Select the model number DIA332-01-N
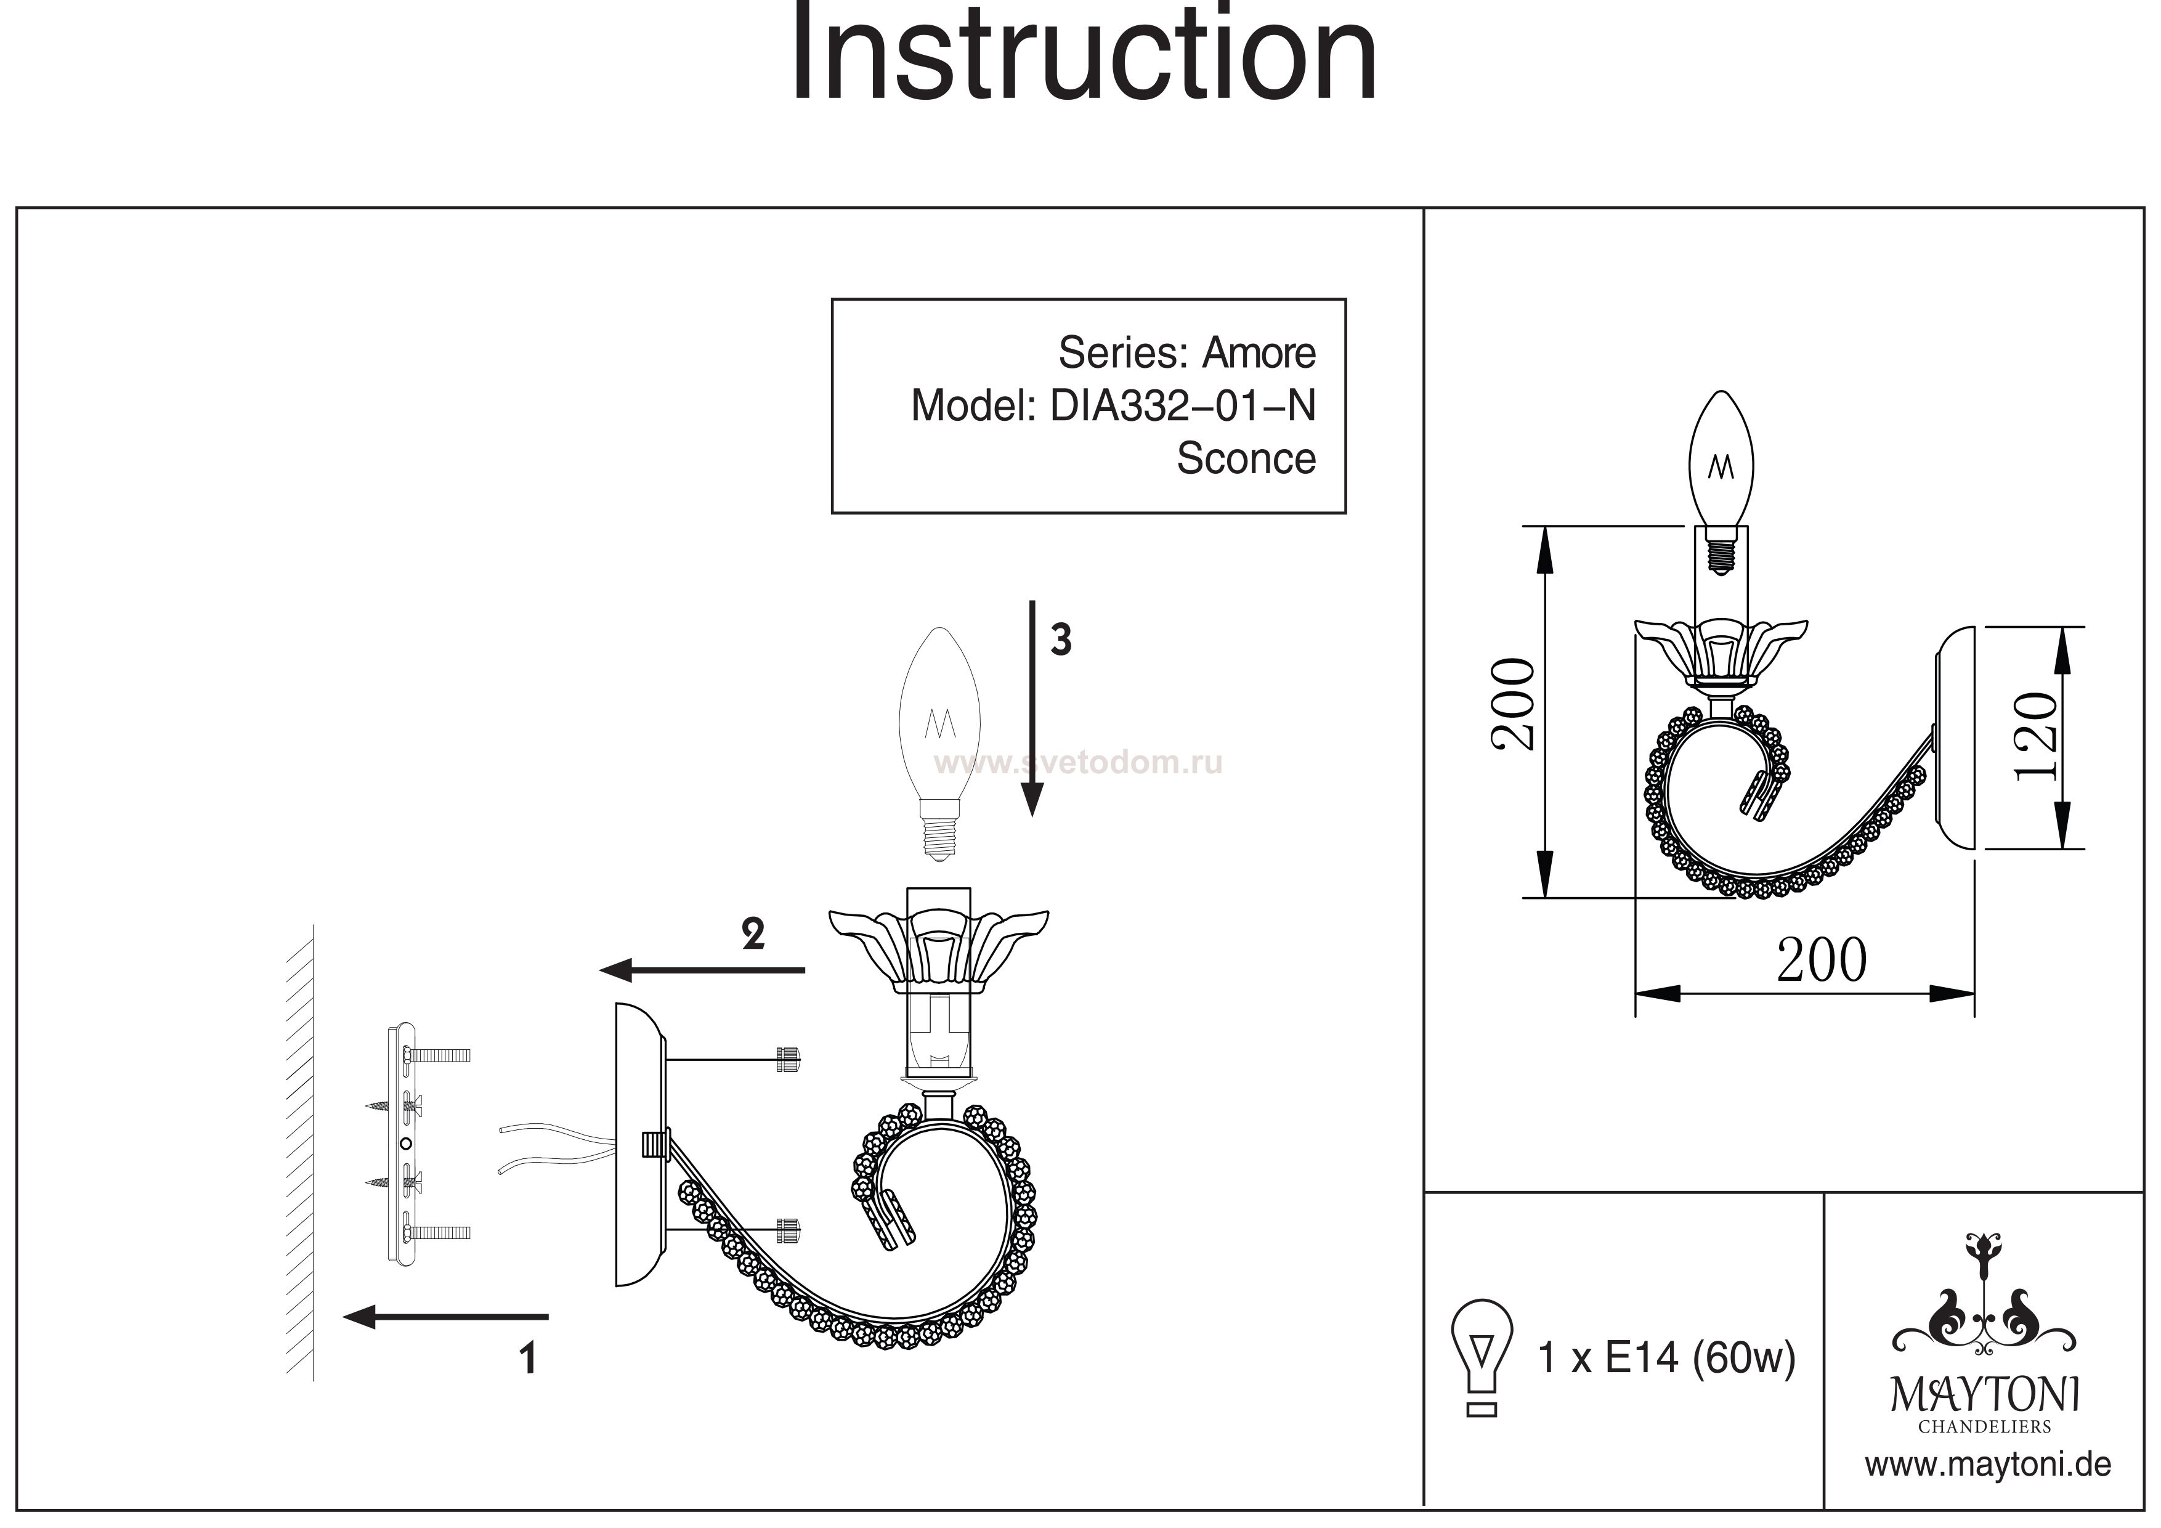(1182, 406)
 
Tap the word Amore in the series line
(1259, 353)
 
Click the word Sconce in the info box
(1245, 458)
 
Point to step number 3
(1061, 640)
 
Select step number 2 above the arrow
(753, 934)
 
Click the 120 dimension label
(2036, 736)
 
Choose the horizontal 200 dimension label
(1821, 961)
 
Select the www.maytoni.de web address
(1988, 1465)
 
